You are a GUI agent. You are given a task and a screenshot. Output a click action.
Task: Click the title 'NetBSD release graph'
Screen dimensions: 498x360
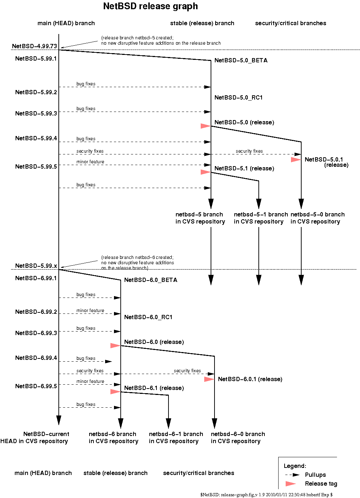pyautogui.click(x=150, y=6)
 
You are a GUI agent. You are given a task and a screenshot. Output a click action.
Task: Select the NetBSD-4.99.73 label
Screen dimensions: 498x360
pyautogui.click(x=34, y=46)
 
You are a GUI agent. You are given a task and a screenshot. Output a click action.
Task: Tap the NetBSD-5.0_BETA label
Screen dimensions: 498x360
pyautogui.click(x=241, y=61)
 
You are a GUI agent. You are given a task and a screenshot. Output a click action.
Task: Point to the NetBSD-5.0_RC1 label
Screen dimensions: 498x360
pyautogui.click(x=238, y=98)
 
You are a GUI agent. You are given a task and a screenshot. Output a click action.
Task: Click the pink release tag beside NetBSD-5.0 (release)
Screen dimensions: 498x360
pyautogui.click(x=205, y=126)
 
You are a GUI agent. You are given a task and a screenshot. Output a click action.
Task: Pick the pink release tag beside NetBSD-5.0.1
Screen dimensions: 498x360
pyautogui.click(x=296, y=160)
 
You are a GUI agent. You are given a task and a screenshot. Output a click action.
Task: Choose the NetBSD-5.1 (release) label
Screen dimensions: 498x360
pyautogui.click(x=244, y=169)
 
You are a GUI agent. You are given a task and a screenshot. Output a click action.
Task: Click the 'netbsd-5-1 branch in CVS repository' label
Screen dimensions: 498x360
pyautogui.click(x=261, y=218)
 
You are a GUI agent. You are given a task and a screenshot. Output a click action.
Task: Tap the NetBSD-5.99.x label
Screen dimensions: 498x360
pyautogui.click(x=36, y=266)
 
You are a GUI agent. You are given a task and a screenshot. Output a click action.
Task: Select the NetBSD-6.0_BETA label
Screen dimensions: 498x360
pyautogui.click(x=150, y=280)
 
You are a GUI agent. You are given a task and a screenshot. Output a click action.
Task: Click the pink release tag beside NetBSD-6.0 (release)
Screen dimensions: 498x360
pyautogui.click(x=115, y=345)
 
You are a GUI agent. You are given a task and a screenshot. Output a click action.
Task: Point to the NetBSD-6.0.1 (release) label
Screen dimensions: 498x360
pyautogui.click(x=250, y=379)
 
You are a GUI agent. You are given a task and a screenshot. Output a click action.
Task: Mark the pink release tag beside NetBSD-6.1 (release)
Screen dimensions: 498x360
pyautogui.click(x=115, y=391)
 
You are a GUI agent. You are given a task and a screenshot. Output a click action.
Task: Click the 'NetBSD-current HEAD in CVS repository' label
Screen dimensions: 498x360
pyautogui.click(x=35, y=438)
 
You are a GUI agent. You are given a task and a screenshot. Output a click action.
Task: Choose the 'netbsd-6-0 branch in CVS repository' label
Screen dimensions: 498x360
pyautogui.click(x=238, y=438)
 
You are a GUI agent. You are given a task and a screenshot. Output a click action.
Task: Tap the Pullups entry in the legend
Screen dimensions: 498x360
pyautogui.click(x=315, y=475)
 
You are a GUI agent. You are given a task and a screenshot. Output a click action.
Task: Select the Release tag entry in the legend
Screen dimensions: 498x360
pyautogui.click(x=321, y=484)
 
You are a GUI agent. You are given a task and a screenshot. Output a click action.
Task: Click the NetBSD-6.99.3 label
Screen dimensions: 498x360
pyautogui.click(x=36, y=333)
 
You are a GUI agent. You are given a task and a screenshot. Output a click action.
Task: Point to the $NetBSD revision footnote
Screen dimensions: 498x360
pyautogui.click(x=266, y=495)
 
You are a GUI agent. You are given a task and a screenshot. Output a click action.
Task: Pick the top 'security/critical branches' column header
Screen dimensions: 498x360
pyautogui.click(x=290, y=23)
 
